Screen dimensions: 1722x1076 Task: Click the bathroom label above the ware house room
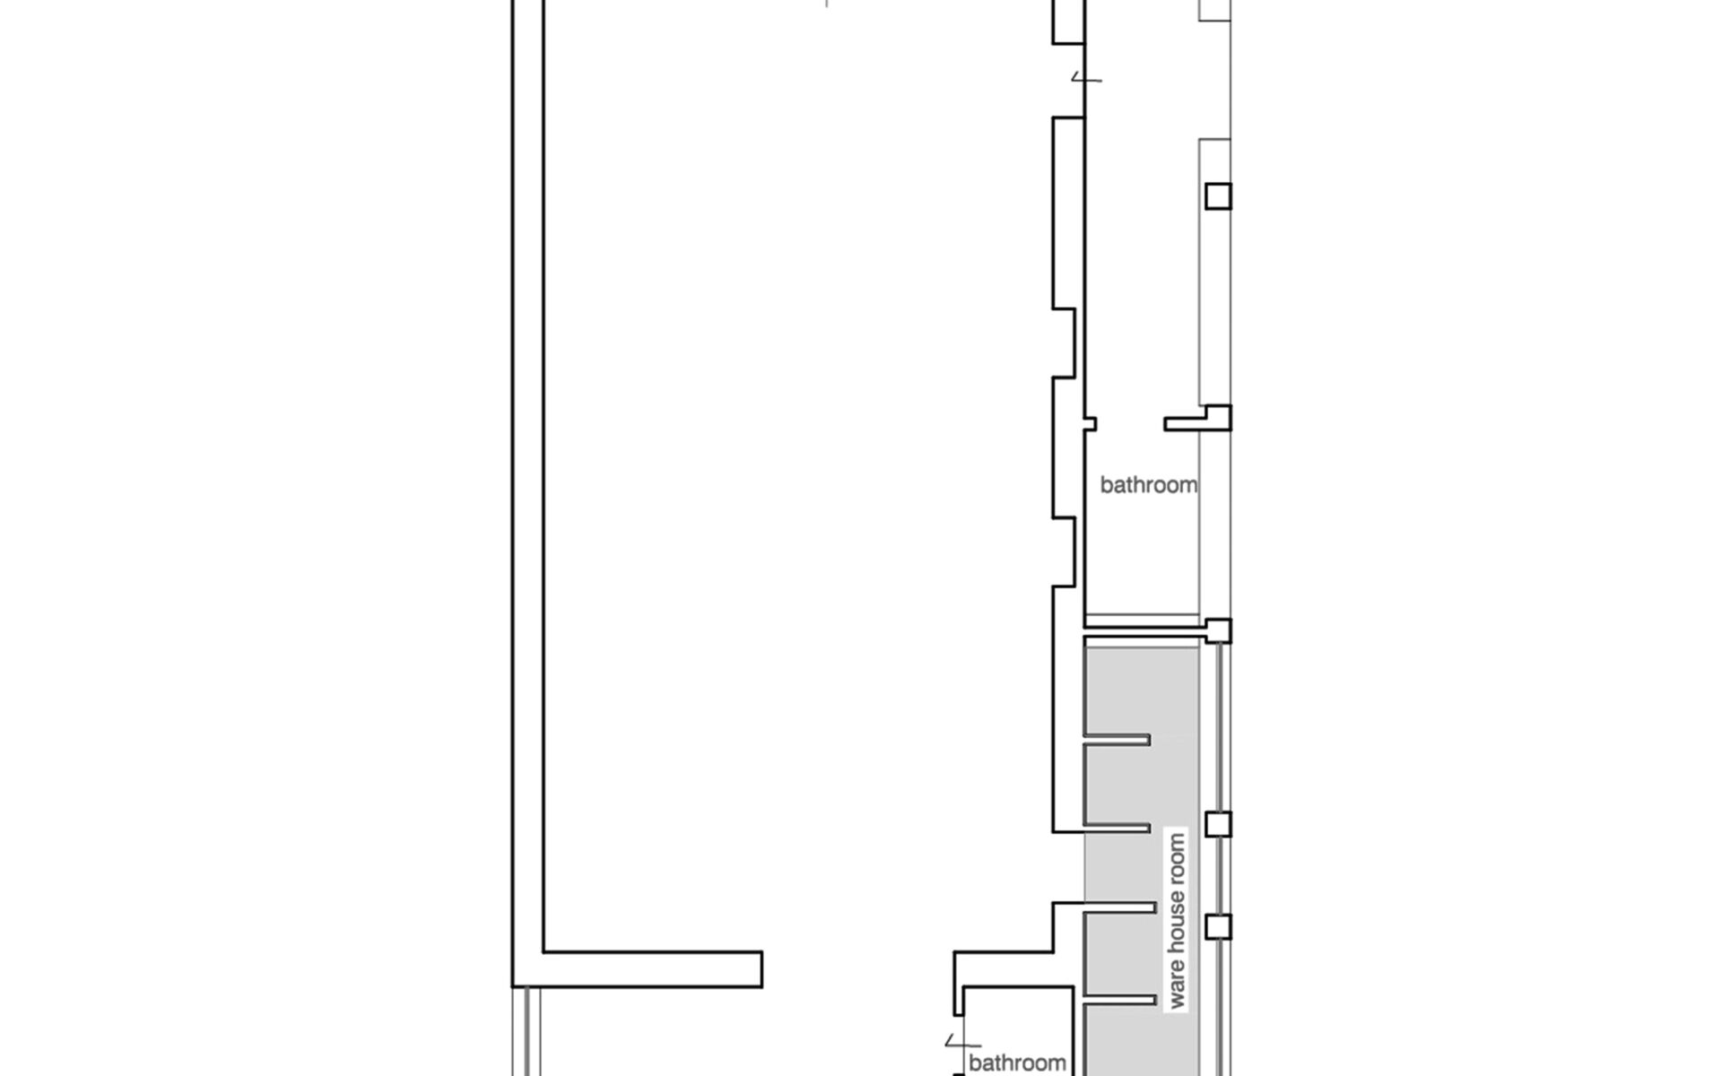click(1148, 485)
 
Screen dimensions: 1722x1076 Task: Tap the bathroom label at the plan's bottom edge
click(1017, 1063)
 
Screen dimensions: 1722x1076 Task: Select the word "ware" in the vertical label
click(1178, 985)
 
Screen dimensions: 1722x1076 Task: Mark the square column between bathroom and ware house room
click(1218, 630)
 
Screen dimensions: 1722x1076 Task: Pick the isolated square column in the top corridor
click(1218, 196)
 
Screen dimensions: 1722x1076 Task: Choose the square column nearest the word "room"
click(1218, 824)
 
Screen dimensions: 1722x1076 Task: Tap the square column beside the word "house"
click(1218, 926)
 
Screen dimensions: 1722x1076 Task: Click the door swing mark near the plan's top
click(1086, 79)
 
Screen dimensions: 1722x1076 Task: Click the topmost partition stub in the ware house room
click(1118, 740)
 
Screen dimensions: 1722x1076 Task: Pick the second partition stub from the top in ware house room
click(1118, 828)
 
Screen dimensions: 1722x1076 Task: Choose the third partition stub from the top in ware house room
click(1120, 908)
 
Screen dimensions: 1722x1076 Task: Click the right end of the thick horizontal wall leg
click(761, 969)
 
